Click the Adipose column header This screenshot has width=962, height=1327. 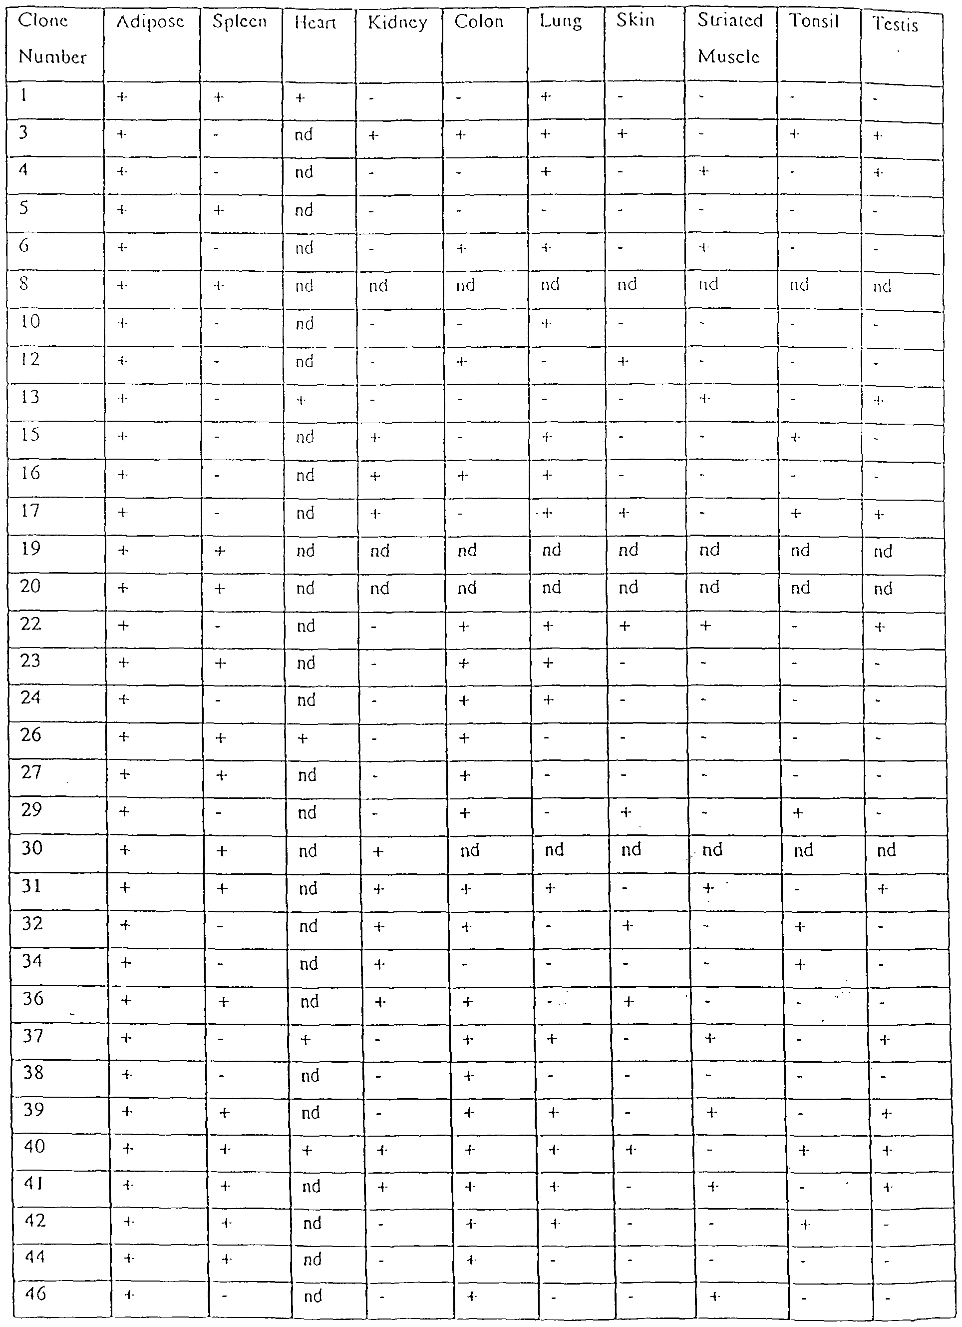click(x=150, y=22)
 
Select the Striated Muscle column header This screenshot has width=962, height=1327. click(x=730, y=38)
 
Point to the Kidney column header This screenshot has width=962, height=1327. click(x=398, y=23)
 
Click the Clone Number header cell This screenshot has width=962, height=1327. click(x=52, y=39)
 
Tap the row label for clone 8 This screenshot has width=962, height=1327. click(x=24, y=285)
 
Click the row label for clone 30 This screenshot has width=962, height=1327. click(x=32, y=849)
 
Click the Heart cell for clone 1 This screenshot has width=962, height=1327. click(x=300, y=98)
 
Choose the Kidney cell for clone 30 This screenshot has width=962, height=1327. click(x=378, y=851)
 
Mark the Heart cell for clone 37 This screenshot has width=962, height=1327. click(x=305, y=1040)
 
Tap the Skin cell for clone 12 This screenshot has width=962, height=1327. click(x=624, y=362)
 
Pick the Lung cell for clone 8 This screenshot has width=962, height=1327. click(x=550, y=285)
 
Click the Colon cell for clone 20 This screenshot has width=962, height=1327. click(x=467, y=588)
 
